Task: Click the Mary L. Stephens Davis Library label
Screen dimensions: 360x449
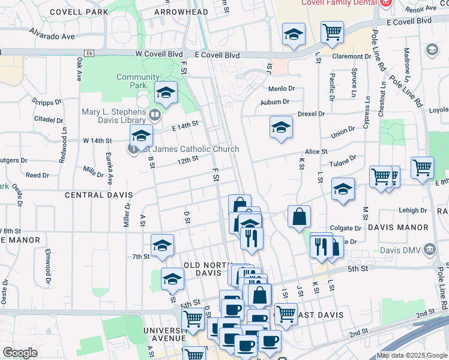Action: tap(113, 116)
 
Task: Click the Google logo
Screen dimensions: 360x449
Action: tap(20, 353)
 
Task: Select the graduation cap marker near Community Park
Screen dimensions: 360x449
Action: tap(166, 93)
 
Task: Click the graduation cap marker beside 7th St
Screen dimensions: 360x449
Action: tap(161, 246)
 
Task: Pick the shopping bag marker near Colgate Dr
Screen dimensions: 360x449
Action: tap(299, 216)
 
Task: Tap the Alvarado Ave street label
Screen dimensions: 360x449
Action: tap(52, 36)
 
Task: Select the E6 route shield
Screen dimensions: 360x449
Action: tap(90, 53)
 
